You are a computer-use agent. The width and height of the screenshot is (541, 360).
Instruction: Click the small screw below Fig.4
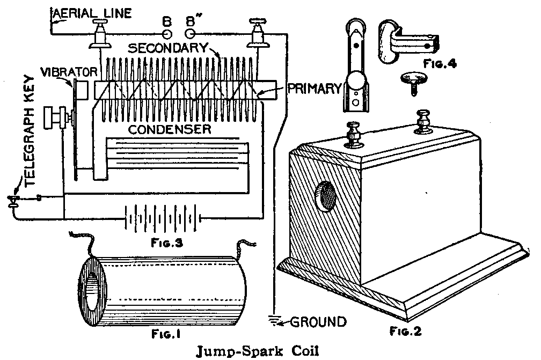pyautogui.click(x=413, y=82)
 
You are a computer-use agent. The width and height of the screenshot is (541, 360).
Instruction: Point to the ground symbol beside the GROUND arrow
pyautogui.click(x=275, y=321)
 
